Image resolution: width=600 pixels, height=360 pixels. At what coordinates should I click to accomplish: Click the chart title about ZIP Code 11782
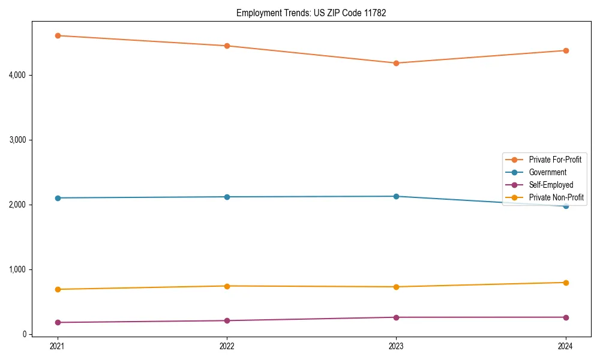(311, 13)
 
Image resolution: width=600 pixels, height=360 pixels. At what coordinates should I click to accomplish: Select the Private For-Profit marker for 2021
(58, 36)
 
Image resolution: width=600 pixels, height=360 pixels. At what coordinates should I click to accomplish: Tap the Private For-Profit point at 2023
(396, 63)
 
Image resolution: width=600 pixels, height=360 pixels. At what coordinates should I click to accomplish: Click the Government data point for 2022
(227, 197)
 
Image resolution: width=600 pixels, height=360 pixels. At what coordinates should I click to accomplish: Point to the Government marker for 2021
(58, 198)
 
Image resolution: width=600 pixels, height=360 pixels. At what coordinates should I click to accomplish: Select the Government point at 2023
(396, 196)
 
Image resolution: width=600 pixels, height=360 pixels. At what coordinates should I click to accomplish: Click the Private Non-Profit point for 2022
(227, 286)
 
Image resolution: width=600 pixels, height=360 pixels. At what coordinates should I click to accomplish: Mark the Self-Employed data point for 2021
(58, 322)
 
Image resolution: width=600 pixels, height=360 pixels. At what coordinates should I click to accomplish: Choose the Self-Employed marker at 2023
(396, 317)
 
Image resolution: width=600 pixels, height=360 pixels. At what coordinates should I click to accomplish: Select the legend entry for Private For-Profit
(554, 160)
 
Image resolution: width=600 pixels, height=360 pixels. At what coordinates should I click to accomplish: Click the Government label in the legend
(547, 172)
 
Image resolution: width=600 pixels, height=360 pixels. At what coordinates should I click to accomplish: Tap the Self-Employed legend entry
(551, 185)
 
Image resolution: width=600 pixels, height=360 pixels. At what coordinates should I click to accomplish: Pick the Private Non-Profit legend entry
(556, 197)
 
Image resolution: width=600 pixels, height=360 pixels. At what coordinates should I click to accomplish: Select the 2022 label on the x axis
(227, 346)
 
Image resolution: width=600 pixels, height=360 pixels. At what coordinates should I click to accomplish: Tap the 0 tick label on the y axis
(26, 334)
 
